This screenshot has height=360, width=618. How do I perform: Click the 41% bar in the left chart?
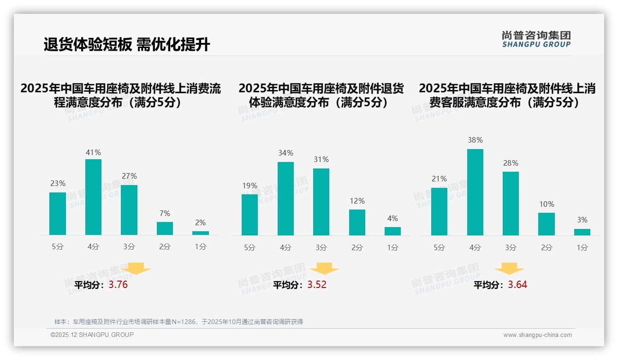(x=93, y=197)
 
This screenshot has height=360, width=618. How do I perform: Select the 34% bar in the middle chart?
(x=285, y=198)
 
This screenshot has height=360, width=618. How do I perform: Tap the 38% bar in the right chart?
(x=475, y=192)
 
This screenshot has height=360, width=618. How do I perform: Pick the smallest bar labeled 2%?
(x=200, y=233)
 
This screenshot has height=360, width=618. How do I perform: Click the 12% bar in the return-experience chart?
(x=357, y=222)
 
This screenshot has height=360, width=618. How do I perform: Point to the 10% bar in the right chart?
(x=547, y=224)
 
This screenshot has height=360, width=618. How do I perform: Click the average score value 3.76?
(x=118, y=285)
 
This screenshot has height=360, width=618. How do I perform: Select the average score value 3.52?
(x=317, y=285)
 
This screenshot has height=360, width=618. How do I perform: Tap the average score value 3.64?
(x=517, y=285)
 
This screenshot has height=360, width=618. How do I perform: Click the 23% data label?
(x=58, y=184)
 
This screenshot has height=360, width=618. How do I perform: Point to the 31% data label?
(x=321, y=160)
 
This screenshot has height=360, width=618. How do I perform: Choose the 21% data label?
(x=439, y=179)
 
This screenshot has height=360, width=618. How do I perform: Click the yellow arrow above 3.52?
(x=324, y=269)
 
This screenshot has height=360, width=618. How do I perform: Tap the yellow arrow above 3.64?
(x=509, y=269)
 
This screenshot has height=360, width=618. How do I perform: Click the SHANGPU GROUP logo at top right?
(x=536, y=39)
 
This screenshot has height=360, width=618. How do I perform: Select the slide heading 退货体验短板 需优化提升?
(x=127, y=45)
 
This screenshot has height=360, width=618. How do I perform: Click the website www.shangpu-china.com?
(x=537, y=335)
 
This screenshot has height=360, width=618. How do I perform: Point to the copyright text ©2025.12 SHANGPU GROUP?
(x=92, y=335)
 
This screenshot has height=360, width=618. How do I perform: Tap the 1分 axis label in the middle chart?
(x=392, y=248)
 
